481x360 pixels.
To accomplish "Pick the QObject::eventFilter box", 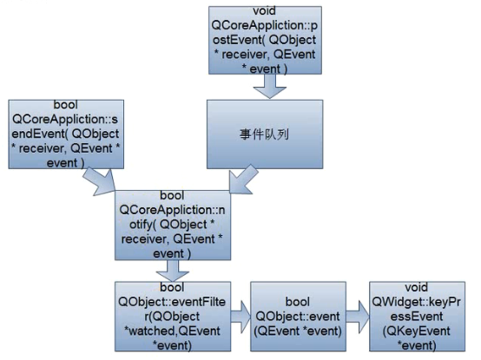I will point(168,315).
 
